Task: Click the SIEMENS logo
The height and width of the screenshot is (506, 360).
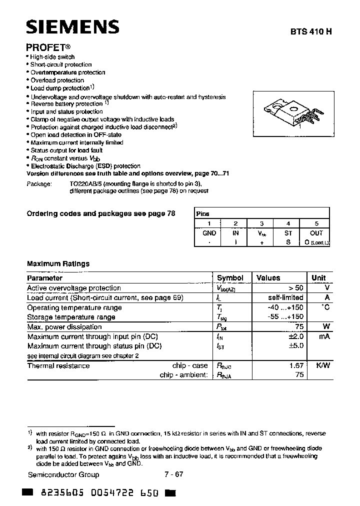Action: [x=72, y=27]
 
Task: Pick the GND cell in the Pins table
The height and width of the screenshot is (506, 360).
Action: [x=209, y=233]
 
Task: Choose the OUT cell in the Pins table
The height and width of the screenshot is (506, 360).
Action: [x=316, y=233]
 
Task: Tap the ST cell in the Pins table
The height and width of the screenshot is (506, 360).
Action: [x=288, y=233]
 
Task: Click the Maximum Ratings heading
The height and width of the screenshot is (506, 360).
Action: [x=58, y=263]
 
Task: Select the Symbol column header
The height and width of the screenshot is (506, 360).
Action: [x=230, y=278]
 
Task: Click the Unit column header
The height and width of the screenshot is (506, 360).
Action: [x=318, y=278]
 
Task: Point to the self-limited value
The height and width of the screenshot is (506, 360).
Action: [x=285, y=298]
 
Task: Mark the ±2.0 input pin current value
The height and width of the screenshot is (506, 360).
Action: [x=295, y=336]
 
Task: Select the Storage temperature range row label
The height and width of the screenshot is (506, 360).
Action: [x=71, y=317]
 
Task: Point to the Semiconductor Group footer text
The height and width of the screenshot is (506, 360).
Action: [x=63, y=474]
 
